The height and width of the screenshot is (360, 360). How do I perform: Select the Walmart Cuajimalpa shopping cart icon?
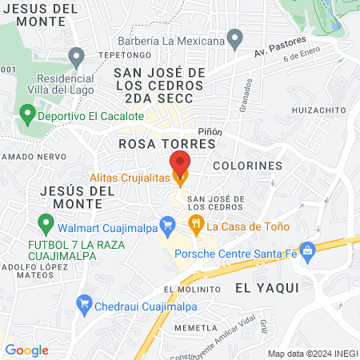coord(167,226)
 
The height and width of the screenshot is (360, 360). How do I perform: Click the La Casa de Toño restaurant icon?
coord(194,222)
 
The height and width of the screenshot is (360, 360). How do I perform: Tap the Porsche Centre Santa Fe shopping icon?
coord(306,250)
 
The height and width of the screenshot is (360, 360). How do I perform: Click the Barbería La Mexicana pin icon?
coord(234,38)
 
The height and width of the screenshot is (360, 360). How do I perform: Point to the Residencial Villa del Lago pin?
coord(76,58)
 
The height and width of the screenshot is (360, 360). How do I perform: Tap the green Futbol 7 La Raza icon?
coord(46,224)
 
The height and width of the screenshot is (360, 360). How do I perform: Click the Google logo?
coord(26,350)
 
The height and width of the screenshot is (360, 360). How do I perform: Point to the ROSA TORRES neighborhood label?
coord(166,143)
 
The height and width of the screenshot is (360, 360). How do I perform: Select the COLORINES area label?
coord(247,166)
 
